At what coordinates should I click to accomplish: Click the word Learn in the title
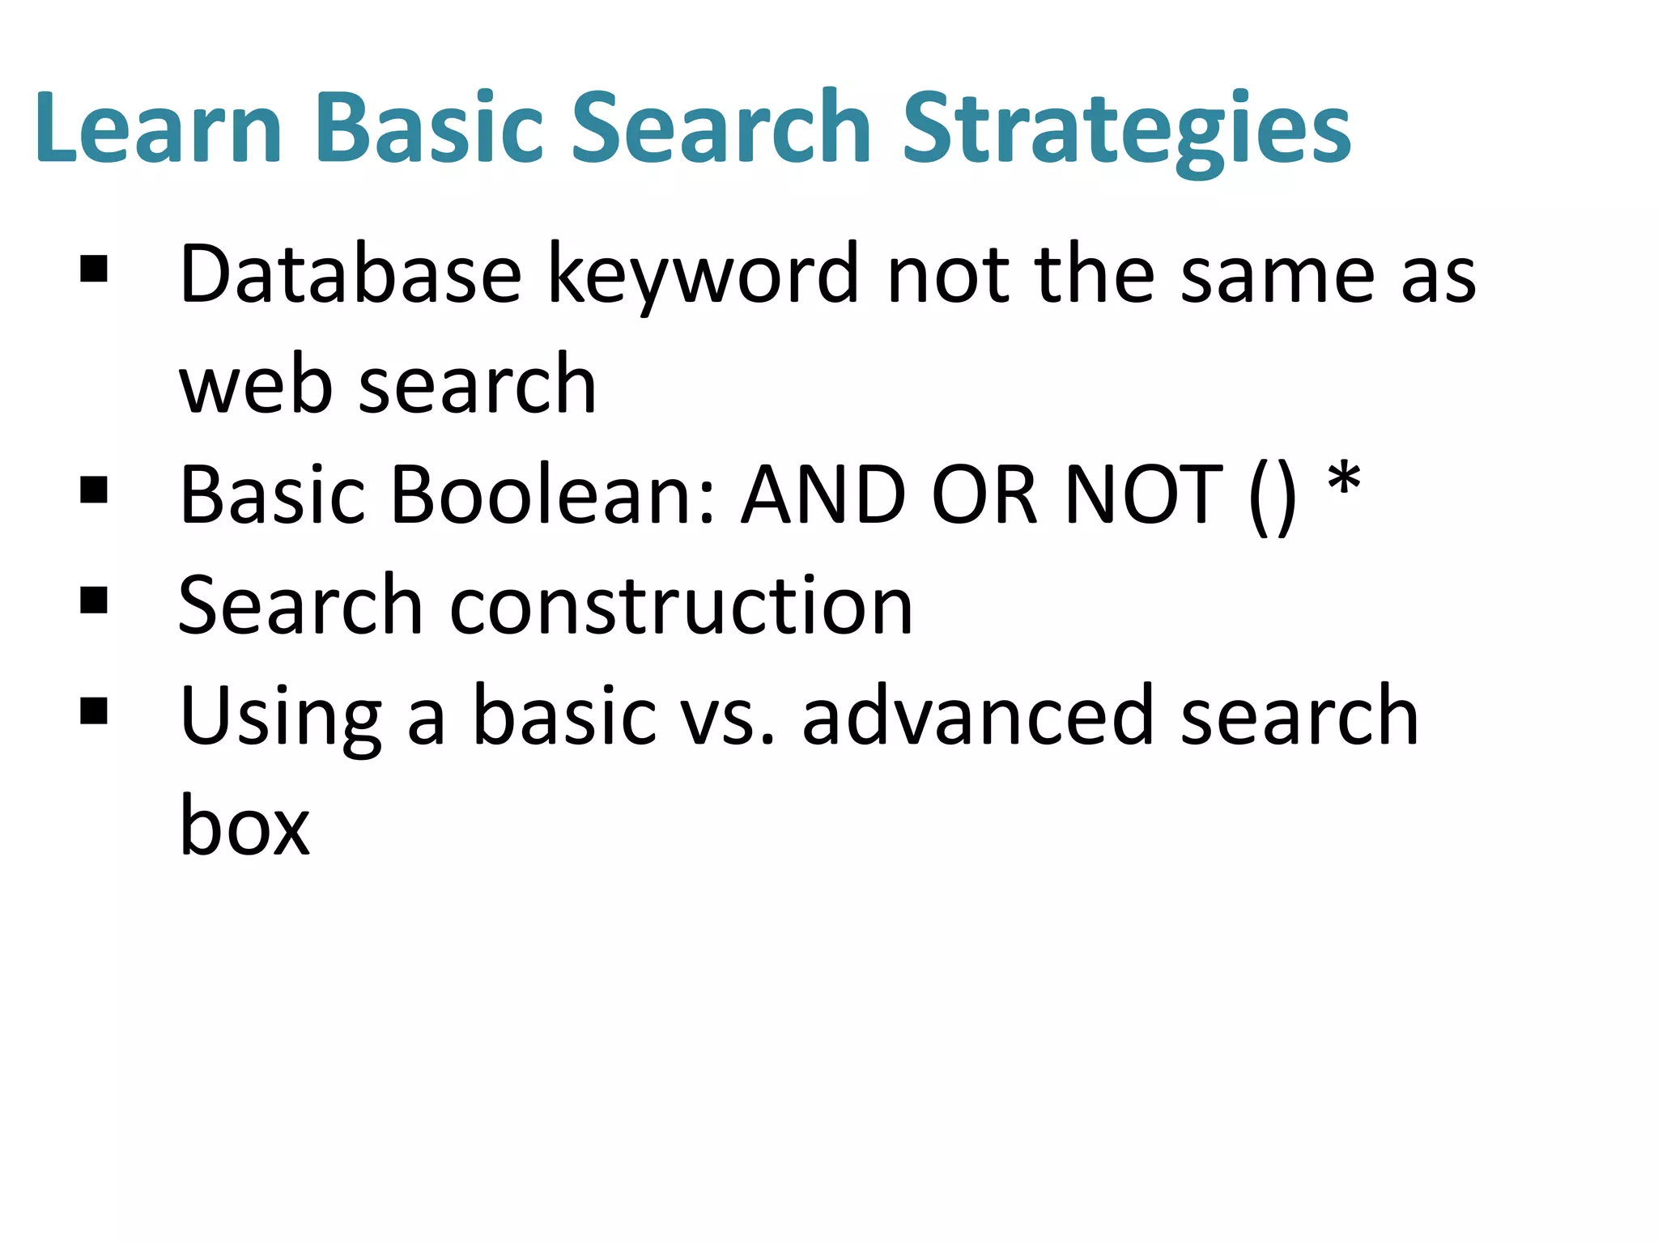pos(158,128)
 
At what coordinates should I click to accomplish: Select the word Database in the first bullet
pos(350,275)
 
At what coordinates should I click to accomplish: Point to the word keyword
pos(703,275)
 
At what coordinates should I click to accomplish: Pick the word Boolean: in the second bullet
pos(554,495)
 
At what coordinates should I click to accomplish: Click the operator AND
pos(824,495)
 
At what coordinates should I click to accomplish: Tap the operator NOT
pos(1144,495)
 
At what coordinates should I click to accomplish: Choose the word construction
pos(680,606)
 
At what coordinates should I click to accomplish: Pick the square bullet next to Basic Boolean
pos(95,490)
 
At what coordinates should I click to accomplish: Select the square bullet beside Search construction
pos(95,600)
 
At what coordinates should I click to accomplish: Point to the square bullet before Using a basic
pos(95,711)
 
